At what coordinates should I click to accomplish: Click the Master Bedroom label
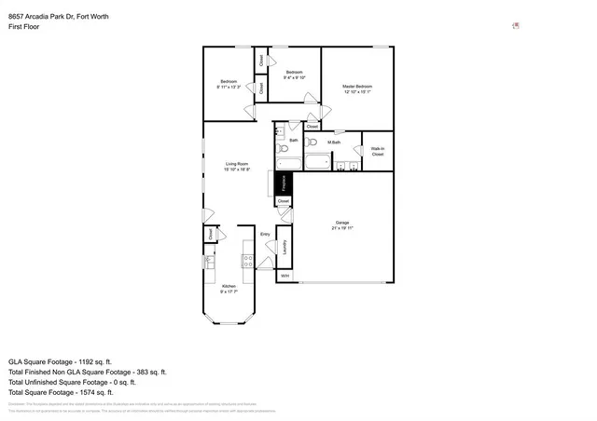(x=356, y=86)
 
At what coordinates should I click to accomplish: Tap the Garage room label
(x=342, y=223)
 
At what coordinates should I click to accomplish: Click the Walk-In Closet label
(x=378, y=151)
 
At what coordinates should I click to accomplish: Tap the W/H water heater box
(x=285, y=276)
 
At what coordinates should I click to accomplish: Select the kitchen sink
(x=210, y=261)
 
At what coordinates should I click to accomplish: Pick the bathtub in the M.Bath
(x=317, y=163)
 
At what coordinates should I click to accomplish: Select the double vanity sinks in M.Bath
(x=347, y=166)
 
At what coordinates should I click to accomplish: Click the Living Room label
(x=237, y=166)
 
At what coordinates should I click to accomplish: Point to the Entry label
(x=265, y=234)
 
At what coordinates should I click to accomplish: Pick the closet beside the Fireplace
(x=284, y=201)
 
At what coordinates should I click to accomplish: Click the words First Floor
(x=24, y=27)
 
